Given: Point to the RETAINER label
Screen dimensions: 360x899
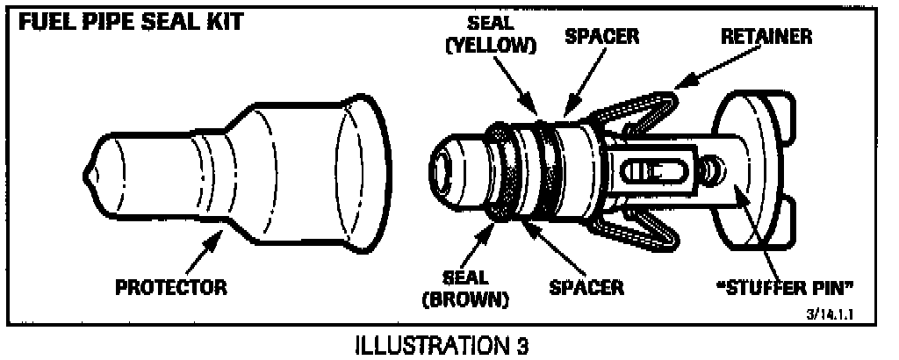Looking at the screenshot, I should (x=766, y=37).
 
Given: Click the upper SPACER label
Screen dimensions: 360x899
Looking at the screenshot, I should (x=601, y=37).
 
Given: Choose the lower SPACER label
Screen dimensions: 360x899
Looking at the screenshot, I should (x=587, y=286).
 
